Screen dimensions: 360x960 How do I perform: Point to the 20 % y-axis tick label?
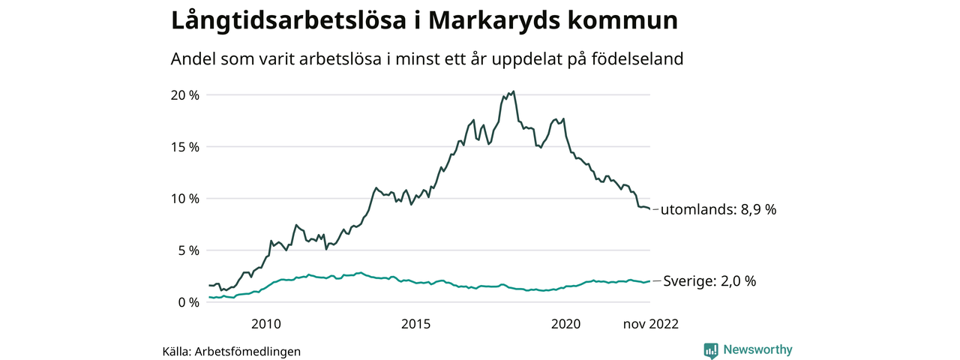pyautogui.click(x=184, y=95)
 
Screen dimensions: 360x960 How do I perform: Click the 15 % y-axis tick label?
pyautogui.click(x=184, y=147)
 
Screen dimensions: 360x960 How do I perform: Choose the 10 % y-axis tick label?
pyautogui.click(x=184, y=199)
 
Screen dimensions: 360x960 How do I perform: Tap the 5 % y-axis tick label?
pyautogui.click(x=187, y=250)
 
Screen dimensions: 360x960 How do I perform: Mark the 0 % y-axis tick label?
pyautogui.click(x=187, y=302)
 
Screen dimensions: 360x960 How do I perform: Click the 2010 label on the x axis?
pyautogui.click(x=265, y=324)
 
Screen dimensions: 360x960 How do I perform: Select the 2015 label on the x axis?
pyautogui.click(x=415, y=324)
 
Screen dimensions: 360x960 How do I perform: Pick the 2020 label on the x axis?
pyautogui.click(x=565, y=324)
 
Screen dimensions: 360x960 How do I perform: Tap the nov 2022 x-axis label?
pyautogui.click(x=649, y=324)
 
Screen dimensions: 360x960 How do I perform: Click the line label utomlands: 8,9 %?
pyautogui.click(x=718, y=210)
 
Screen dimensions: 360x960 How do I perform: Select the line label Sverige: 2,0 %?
pyautogui.click(x=709, y=281)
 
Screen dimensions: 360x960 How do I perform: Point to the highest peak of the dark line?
pyautogui.click(x=513, y=91)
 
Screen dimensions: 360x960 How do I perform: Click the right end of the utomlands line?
pyautogui.click(x=649, y=209)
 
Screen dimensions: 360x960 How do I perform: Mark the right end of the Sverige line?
pyautogui.click(x=649, y=281)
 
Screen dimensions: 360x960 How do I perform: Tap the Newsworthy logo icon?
pyautogui.click(x=710, y=349)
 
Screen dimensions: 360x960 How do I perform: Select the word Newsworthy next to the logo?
pyautogui.click(x=757, y=349)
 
